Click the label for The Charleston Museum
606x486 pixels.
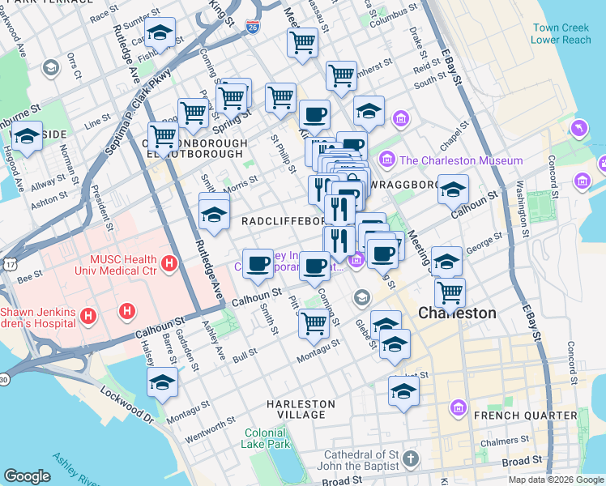460,160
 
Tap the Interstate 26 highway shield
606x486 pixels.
253,27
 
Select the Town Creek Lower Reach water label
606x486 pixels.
561,33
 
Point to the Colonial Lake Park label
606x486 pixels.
265,438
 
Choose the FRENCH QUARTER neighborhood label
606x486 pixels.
526,416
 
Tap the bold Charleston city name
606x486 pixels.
456,313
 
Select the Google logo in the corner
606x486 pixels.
27,476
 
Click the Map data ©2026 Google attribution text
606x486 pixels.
556,480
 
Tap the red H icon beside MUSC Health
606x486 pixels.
169,263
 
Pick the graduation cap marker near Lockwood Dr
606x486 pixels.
162,383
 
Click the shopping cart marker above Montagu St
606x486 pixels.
314,322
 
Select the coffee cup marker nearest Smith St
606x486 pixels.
258,264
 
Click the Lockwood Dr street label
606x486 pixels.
126,406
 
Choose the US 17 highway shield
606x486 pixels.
9,264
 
